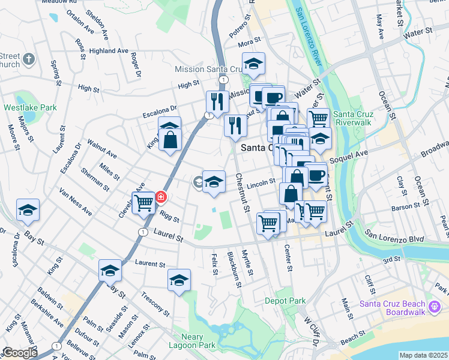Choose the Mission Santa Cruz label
207,69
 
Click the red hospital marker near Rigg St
161,196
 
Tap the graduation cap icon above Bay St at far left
28,210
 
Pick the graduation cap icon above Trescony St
179,280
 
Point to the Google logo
20,353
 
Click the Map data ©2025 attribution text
424,355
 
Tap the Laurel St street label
167,238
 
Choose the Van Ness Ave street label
75,201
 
